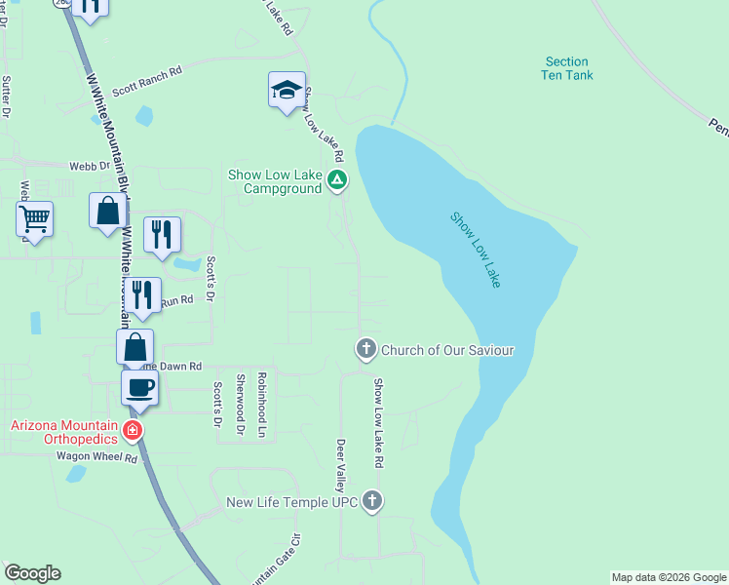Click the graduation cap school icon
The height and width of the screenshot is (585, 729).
click(287, 91)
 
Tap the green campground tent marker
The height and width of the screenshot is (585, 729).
click(336, 179)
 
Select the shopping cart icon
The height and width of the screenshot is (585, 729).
click(35, 218)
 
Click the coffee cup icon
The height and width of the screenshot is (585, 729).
click(139, 387)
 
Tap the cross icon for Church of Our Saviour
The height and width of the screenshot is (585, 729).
click(365, 349)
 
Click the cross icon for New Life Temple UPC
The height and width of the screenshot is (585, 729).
click(371, 502)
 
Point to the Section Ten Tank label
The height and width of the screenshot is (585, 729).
click(567, 68)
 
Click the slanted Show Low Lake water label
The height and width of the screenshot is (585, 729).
click(476, 249)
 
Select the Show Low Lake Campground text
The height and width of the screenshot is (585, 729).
click(275, 181)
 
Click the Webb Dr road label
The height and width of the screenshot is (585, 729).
click(89, 167)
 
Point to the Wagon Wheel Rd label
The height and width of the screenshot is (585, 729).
click(96, 456)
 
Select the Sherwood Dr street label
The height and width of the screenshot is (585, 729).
click(240, 402)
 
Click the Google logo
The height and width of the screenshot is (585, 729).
click(32, 573)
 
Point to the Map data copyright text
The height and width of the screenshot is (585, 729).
click(669, 577)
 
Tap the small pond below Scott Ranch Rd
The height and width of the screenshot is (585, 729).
click(144, 116)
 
